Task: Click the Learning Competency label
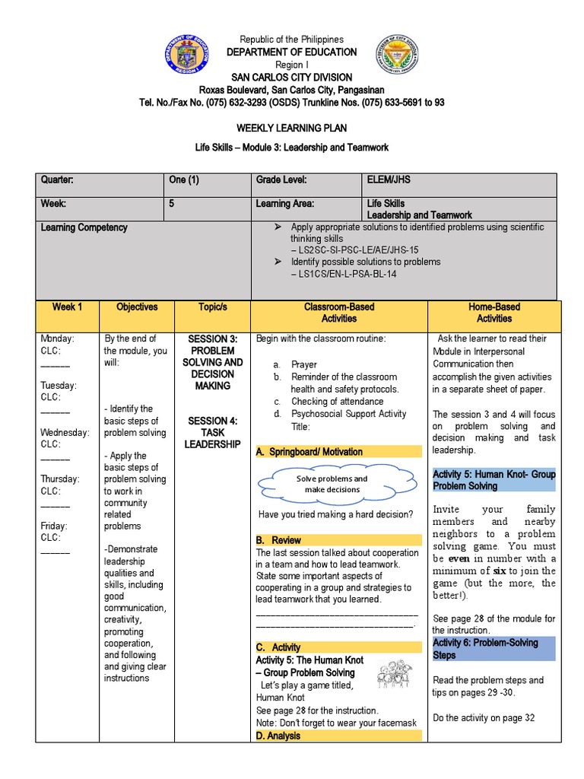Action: click(x=84, y=227)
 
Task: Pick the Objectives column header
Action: click(x=137, y=307)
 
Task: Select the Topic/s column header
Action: click(x=212, y=307)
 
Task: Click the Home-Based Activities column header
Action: click(x=494, y=313)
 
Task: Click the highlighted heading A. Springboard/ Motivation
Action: click(x=309, y=452)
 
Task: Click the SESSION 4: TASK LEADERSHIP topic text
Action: click(x=212, y=432)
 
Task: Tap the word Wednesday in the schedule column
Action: click(x=65, y=433)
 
